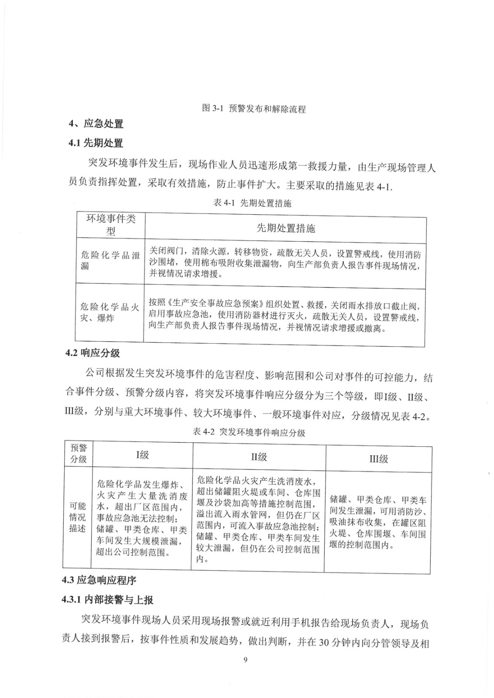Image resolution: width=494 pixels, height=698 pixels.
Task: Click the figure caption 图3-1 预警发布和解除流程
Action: [x=254, y=108]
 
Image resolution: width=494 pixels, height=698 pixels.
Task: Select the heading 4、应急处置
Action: [x=96, y=124]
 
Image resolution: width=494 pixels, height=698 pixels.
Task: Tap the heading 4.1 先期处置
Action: [x=95, y=143]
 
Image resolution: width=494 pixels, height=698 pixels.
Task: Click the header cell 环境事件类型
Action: [x=110, y=225]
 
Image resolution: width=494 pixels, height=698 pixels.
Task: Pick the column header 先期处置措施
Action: [x=285, y=228]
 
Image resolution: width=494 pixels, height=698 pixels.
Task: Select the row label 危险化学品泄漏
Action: [x=110, y=260]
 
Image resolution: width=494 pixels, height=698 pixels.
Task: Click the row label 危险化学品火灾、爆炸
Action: [x=110, y=313]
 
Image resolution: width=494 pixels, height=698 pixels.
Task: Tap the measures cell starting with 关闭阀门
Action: [x=285, y=264]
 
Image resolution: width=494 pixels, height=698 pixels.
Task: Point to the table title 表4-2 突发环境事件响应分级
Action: [x=249, y=432]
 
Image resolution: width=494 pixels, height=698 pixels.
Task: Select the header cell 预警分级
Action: [x=79, y=453]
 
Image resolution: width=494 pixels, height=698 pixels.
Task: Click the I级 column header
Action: [x=142, y=455]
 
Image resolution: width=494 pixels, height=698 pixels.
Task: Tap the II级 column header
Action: [x=259, y=457]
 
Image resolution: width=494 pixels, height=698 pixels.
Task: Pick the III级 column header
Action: [x=378, y=458]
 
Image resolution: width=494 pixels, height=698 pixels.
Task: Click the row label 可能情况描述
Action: [x=78, y=517]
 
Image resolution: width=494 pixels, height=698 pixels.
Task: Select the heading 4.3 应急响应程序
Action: [x=99, y=580]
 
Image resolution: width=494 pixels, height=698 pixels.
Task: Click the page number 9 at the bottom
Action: [x=245, y=672]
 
